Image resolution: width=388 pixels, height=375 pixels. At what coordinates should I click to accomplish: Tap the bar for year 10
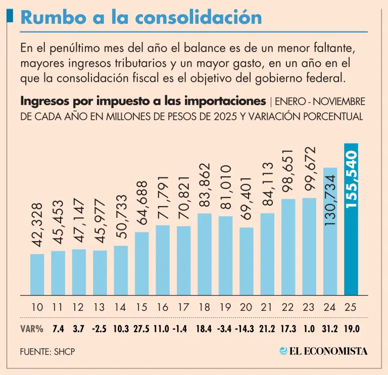[37, 274]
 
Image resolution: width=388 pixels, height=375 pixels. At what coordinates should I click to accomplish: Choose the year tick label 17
[184, 307]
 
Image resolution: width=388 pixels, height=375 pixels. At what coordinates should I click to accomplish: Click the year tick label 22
[288, 307]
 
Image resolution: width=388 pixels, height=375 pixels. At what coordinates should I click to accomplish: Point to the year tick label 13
[100, 307]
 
